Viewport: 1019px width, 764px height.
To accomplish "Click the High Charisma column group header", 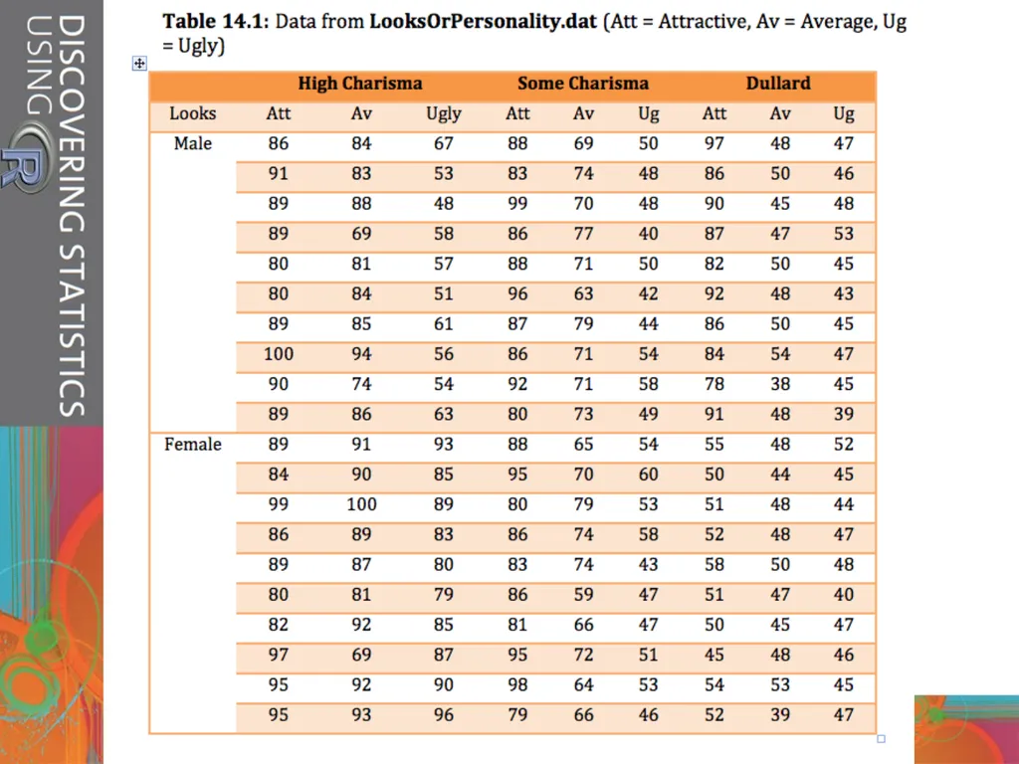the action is pyautogui.click(x=360, y=84).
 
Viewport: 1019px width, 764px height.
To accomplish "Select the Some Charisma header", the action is pyautogui.click(x=583, y=84).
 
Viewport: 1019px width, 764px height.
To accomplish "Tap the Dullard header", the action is pyautogui.click(x=778, y=84).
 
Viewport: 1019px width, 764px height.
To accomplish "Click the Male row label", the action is pyautogui.click(x=193, y=143).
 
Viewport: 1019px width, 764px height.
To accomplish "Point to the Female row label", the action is pyautogui.click(x=193, y=445).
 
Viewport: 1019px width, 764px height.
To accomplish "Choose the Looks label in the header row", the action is pyautogui.click(x=192, y=113).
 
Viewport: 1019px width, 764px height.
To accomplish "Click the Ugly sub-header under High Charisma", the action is pyautogui.click(x=443, y=114).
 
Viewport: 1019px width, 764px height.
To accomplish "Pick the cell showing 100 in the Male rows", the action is pyautogui.click(x=279, y=354).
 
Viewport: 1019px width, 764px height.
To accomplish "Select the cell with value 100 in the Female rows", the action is pyautogui.click(x=361, y=504).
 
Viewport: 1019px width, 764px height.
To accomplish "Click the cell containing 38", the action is pyautogui.click(x=780, y=384).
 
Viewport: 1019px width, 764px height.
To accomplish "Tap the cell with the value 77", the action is pyautogui.click(x=583, y=234).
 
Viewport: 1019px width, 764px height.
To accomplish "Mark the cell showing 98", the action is pyautogui.click(x=517, y=684).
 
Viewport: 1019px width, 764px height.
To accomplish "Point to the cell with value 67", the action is pyautogui.click(x=443, y=143).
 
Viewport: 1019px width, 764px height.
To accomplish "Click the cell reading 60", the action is pyautogui.click(x=648, y=475).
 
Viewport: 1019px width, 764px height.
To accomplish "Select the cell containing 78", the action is pyautogui.click(x=714, y=384).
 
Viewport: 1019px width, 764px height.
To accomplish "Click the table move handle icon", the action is pyautogui.click(x=139, y=63).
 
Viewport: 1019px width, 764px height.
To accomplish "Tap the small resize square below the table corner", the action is pyautogui.click(x=882, y=739).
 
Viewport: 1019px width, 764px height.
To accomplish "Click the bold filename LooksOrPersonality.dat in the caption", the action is pyautogui.click(x=483, y=22).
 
